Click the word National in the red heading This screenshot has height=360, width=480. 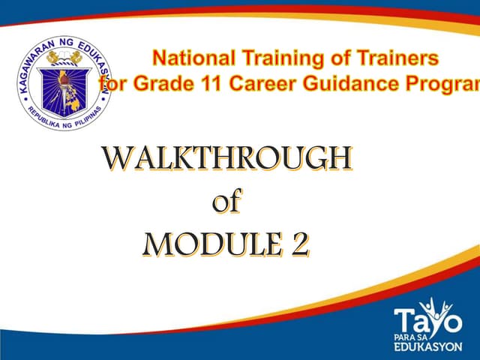click(x=190, y=58)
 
